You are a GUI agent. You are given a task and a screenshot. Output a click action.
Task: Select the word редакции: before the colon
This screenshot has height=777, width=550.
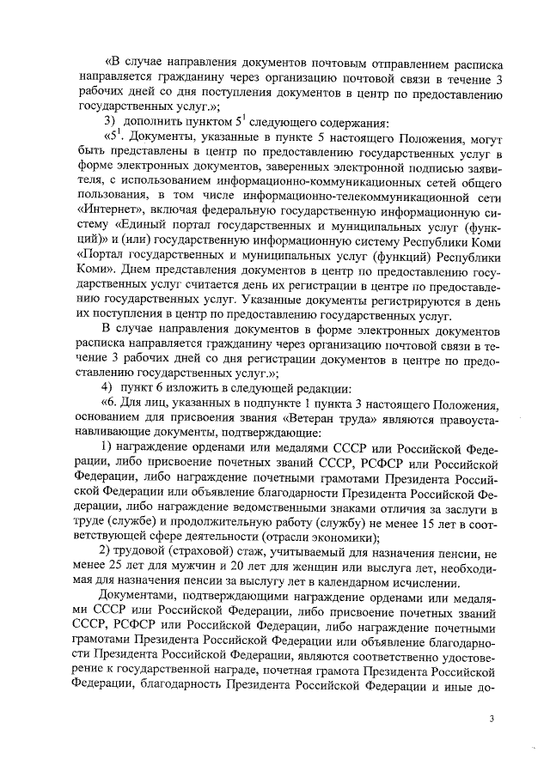[318, 390]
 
